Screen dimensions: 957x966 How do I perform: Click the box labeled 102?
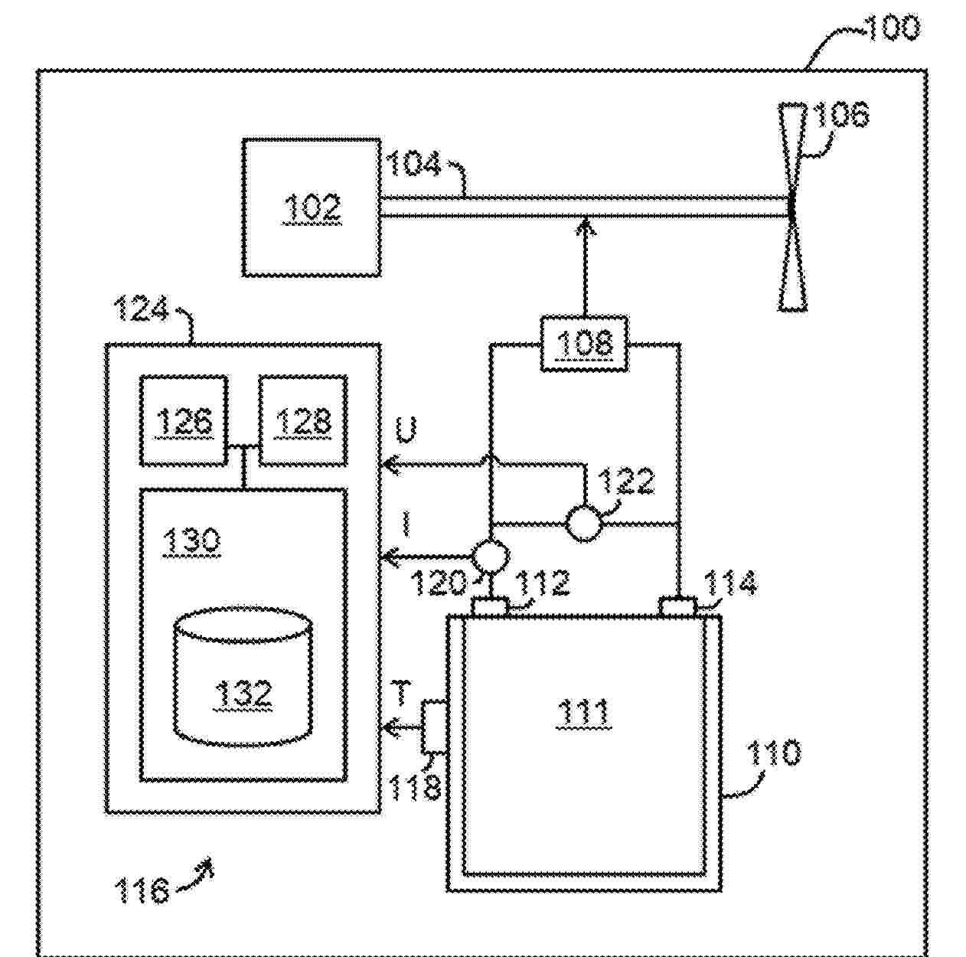point(311,207)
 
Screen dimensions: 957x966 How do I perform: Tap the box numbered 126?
point(184,420)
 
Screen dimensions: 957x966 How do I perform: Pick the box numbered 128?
point(303,420)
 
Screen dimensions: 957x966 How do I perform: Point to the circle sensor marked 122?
point(584,524)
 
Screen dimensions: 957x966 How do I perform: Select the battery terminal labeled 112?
point(489,607)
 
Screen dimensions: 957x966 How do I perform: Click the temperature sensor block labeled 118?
point(433,726)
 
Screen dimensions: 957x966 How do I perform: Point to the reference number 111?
point(583,713)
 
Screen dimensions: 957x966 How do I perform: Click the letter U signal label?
point(406,431)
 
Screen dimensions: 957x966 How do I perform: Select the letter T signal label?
point(401,693)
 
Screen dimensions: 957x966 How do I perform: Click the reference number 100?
point(892,28)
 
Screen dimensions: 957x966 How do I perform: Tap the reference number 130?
point(191,541)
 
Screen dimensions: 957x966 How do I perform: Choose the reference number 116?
point(142,890)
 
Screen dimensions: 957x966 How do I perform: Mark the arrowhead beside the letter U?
point(390,464)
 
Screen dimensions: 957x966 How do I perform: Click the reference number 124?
point(141,310)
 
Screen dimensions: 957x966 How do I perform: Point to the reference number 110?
point(774,753)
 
